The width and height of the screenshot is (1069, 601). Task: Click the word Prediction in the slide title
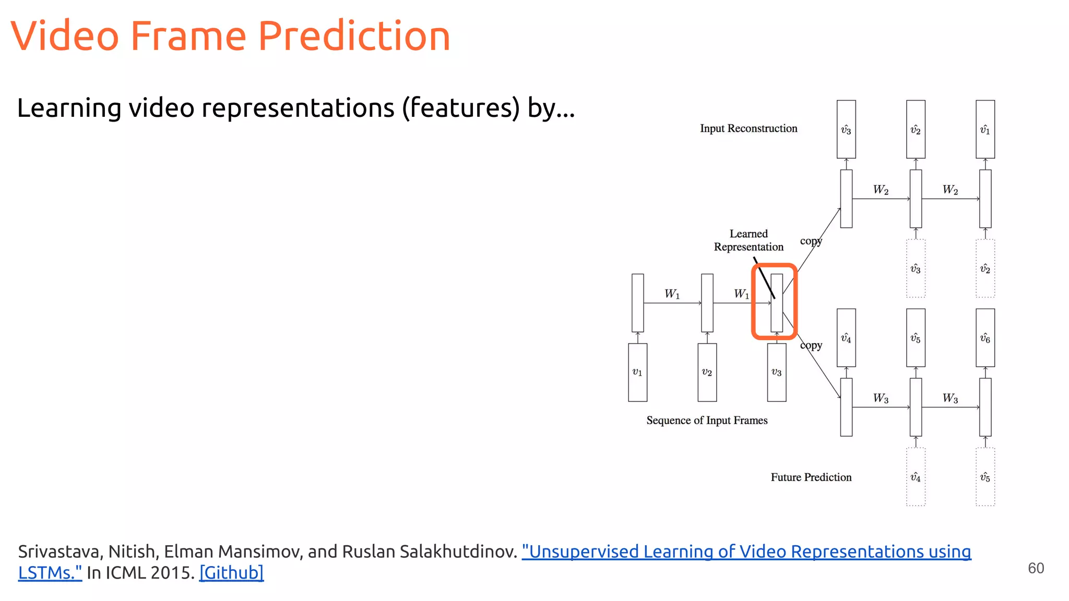coord(354,37)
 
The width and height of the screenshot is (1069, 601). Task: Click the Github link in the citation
coord(231,573)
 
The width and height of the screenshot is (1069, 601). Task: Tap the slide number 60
coord(1036,568)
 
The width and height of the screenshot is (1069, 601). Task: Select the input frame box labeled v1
coord(637,372)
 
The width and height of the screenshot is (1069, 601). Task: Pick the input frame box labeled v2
coord(707,372)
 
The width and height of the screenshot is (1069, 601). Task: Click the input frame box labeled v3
coord(776,372)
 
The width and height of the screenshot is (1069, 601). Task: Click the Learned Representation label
coord(749,241)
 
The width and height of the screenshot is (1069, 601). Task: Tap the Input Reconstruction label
coord(749,128)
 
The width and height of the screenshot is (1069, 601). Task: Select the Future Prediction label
coord(811,477)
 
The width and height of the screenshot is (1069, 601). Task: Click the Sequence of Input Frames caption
coord(707,420)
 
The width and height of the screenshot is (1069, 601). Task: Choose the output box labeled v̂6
coord(985,338)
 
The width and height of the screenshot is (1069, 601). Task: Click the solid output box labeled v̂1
coord(985,129)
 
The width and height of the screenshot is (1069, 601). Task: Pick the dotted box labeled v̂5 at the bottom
coord(985,477)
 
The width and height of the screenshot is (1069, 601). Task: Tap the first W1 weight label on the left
coord(672,294)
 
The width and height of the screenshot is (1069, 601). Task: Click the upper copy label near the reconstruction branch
coord(811,241)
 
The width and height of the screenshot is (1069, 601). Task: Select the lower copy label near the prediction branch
coord(811,345)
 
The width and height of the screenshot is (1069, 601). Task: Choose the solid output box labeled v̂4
coord(846,338)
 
